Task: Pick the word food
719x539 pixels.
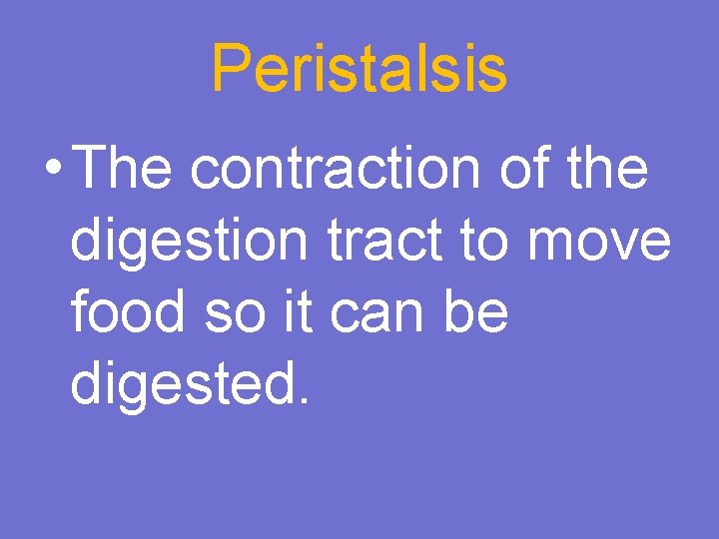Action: tap(128, 313)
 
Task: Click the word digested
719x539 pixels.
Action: tap(179, 386)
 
